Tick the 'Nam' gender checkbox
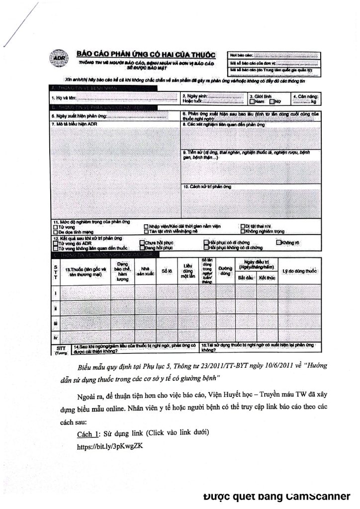[252, 101]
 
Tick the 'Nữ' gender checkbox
[271, 101]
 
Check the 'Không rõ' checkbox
[279, 242]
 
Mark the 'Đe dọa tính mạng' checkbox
[55, 231]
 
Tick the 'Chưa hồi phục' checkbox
[142, 242]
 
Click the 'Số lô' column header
[167, 270]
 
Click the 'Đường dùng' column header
[225, 271]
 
